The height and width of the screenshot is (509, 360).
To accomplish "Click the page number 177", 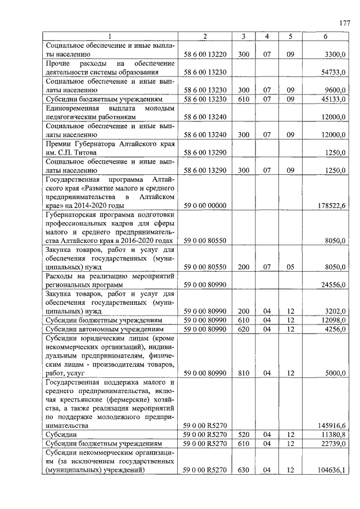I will [x=345, y=23].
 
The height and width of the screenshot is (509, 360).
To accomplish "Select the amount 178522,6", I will [x=331, y=208].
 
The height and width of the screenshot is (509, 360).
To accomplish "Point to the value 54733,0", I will [x=333, y=72].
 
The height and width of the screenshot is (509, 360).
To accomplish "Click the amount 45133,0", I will [x=333, y=99].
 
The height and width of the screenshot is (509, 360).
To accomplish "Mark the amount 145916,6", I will [x=331, y=426].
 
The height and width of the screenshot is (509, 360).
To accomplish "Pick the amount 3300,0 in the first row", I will [x=335, y=55].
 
